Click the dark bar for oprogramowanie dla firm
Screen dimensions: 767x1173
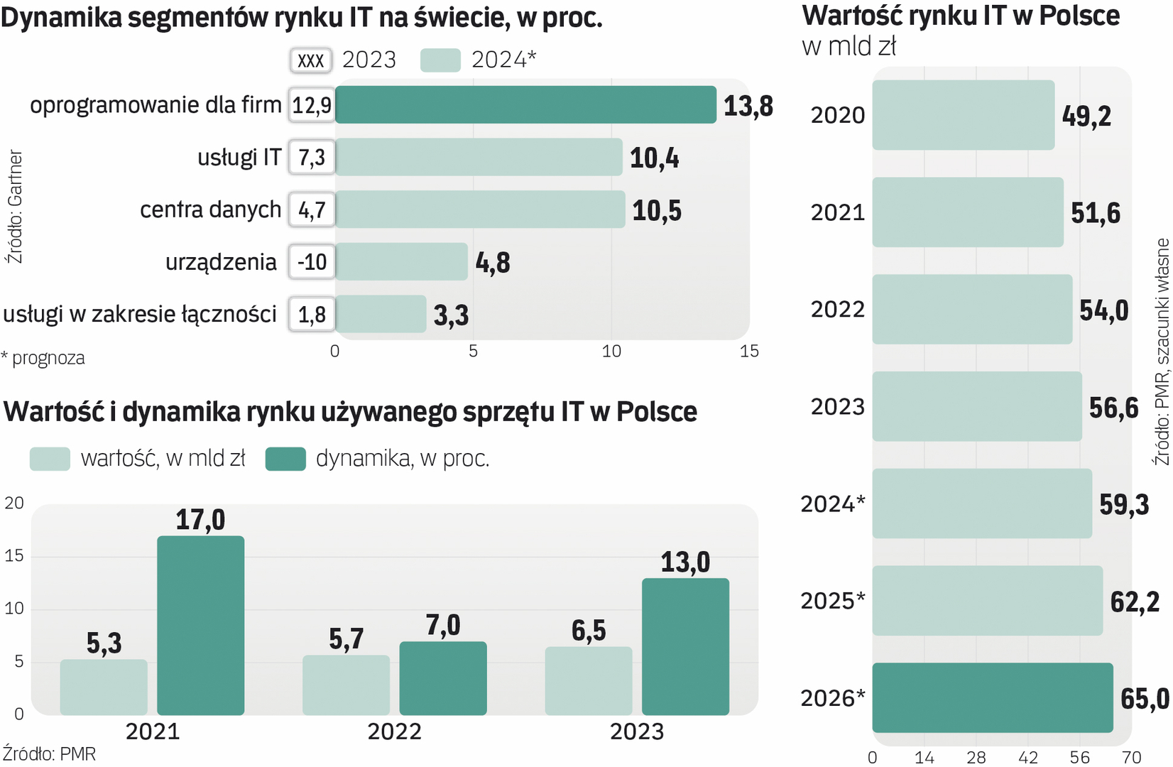click(x=525, y=104)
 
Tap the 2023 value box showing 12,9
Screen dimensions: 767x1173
click(x=312, y=105)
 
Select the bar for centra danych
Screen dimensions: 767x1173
click(x=480, y=210)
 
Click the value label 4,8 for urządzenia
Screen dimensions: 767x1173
click(x=493, y=263)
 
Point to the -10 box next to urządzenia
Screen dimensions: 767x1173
click(x=312, y=262)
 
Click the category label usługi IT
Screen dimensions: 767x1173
click(x=239, y=157)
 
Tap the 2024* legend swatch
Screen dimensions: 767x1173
click(x=440, y=60)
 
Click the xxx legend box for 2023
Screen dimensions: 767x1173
click(x=311, y=60)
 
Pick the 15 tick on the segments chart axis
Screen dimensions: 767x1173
click(x=749, y=351)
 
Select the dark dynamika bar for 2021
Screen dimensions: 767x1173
click(x=201, y=625)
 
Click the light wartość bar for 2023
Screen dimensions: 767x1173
click(x=589, y=680)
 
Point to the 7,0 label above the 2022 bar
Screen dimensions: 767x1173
click(x=443, y=625)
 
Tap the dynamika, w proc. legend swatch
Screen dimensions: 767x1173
click(x=285, y=459)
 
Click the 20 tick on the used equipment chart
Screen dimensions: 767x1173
click(x=14, y=503)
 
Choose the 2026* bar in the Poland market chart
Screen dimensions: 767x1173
click(x=992, y=697)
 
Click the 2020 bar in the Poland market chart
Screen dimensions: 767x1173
click(x=963, y=115)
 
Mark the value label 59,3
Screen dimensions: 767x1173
click(x=1124, y=504)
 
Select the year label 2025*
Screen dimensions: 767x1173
click(x=833, y=601)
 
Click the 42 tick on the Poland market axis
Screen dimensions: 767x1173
click(x=1028, y=757)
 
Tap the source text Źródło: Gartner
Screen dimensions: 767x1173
click(x=15, y=206)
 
